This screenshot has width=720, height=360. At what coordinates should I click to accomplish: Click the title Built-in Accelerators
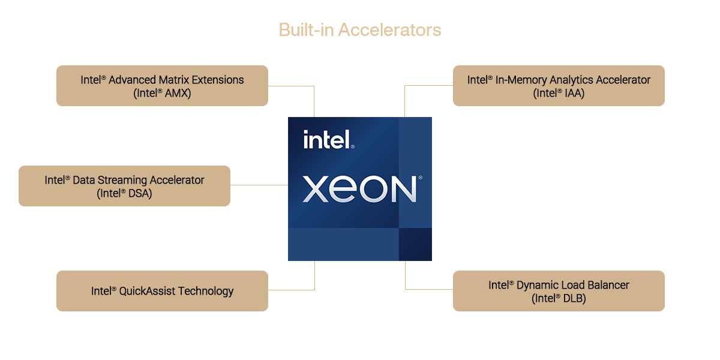(x=360, y=30)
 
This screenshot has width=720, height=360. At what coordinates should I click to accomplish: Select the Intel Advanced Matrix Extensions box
(x=162, y=86)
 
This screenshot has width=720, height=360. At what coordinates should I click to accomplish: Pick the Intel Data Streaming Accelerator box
(x=124, y=186)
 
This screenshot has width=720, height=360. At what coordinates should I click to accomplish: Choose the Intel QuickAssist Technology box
(x=162, y=291)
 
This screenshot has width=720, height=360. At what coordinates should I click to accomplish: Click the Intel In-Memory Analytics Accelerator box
(x=559, y=86)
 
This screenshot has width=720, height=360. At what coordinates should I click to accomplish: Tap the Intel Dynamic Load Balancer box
(x=559, y=291)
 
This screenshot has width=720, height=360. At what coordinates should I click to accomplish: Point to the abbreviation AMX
(x=178, y=93)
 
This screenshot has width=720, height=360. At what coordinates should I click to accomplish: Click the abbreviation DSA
(x=140, y=193)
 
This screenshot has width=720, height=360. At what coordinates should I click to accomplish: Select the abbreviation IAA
(x=574, y=93)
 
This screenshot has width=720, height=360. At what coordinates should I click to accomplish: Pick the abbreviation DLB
(x=575, y=298)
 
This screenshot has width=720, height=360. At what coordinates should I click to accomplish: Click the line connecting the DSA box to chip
(x=259, y=185)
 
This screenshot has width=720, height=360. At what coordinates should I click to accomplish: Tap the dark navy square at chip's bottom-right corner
(x=415, y=244)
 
